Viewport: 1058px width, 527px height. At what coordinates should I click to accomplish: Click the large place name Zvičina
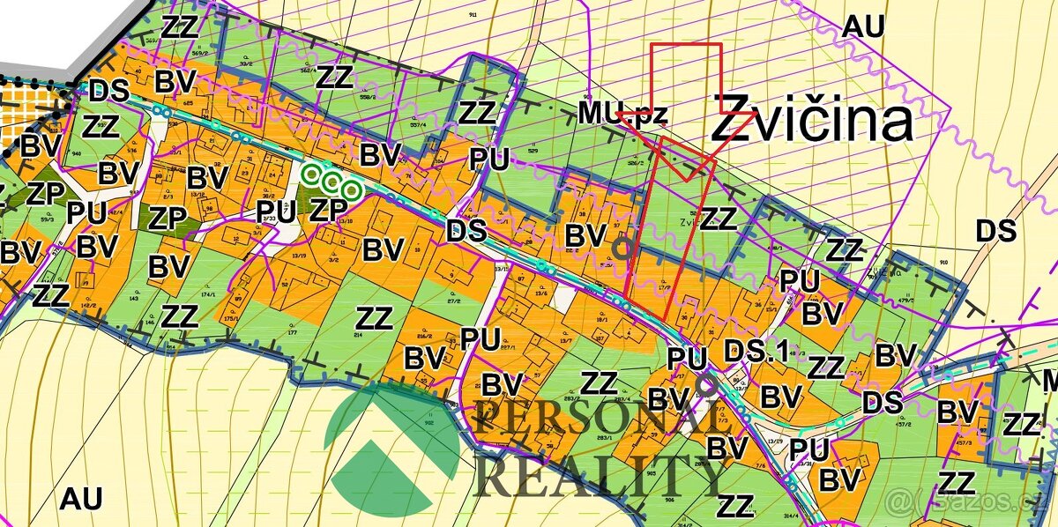(x=811, y=121)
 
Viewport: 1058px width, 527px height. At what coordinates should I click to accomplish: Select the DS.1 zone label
(x=755, y=351)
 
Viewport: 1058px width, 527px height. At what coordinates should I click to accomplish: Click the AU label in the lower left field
(x=81, y=499)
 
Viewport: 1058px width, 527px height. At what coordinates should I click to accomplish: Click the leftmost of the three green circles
(x=311, y=174)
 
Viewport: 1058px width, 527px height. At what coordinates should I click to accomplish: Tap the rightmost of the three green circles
(x=352, y=189)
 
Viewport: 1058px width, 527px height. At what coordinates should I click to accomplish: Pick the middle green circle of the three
(x=332, y=182)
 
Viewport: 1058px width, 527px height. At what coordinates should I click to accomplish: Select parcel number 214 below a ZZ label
(x=360, y=336)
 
